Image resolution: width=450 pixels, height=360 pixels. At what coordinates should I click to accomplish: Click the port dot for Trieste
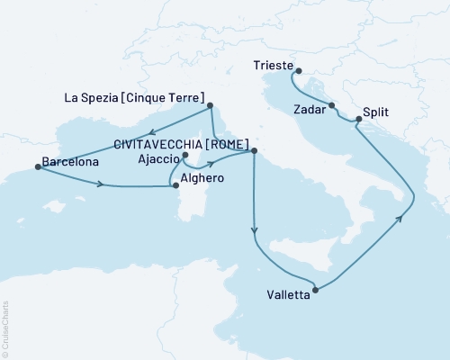click(x=299, y=72)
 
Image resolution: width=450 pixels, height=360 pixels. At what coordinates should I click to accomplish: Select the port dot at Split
click(x=359, y=118)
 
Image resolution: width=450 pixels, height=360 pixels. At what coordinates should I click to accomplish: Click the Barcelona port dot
click(x=37, y=166)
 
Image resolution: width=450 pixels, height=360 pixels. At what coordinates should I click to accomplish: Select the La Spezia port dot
click(x=210, y=105)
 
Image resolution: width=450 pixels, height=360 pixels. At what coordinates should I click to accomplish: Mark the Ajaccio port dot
click(x=184, y=156)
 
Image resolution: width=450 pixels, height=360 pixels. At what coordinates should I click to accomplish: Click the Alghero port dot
click(x=175, y=186)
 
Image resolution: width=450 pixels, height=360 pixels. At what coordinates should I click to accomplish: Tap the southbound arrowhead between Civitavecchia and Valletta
click(x=256, y=234)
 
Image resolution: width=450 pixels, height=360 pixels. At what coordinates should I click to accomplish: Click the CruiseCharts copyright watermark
click(x=5, y=328)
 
